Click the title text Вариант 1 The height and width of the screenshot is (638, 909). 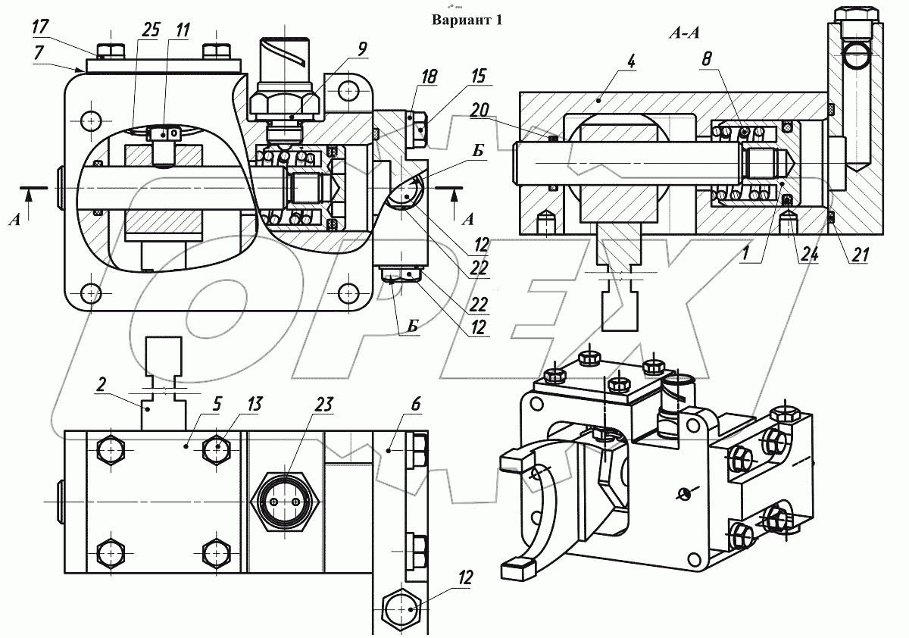pos(467,20)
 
